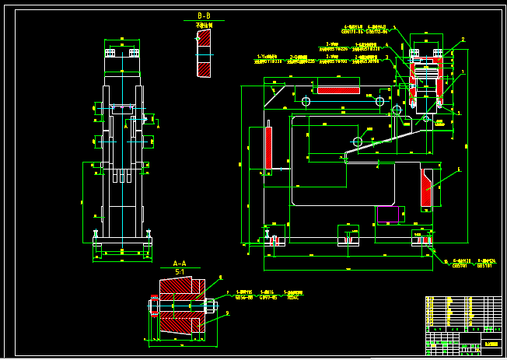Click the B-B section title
(204, 16)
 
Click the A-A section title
(180, 264)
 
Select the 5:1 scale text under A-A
(180, 272)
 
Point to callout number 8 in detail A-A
(220, 277)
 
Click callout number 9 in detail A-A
(227, 313)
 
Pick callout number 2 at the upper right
(463, 40)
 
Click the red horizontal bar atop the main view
(338, 90)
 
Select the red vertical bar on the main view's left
(268, 148)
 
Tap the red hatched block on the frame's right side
(425, 187)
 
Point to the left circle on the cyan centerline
(306, 101)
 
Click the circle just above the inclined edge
(358, 142)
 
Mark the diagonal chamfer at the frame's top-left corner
(274, 96)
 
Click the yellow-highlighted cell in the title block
(491, 343)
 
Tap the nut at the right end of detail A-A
(209, 306)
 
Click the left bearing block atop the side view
(110, 53)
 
